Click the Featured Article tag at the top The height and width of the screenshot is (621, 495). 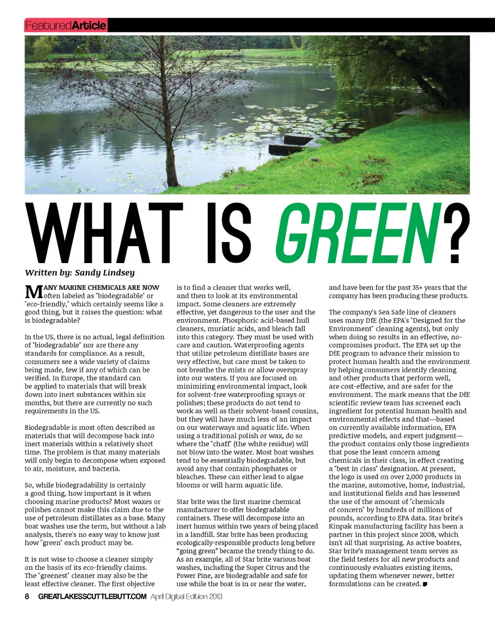(65, 25)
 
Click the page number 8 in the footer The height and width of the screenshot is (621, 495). (27, 597)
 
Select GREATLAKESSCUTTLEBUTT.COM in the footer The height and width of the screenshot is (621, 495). (93, 597)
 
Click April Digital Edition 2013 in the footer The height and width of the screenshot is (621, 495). (186, 597)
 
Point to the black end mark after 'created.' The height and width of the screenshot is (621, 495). (424, 584)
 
